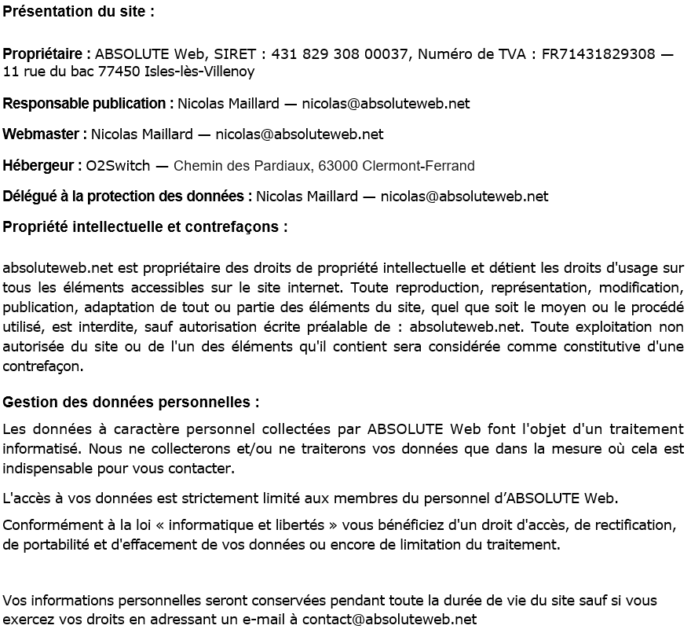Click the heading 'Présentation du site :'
pyautogui.click(x=79, y=12)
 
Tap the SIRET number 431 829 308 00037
pyautogui.click(x=342, y=54)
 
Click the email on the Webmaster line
pyautogui.click(x=299, y=134)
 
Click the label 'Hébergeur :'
pyautogui.click(x=42, y=166)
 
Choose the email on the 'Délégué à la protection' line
pyautogui.click(x=464, y=197)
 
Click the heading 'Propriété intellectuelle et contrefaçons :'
pyautogui.click(x=145, y=227)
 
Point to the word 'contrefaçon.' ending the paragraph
pyautogui.click(x=43, y=366)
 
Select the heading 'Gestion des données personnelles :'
pyautogui.click(x=131, y=403)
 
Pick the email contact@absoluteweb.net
pyautogui.click(x=389, y=619)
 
